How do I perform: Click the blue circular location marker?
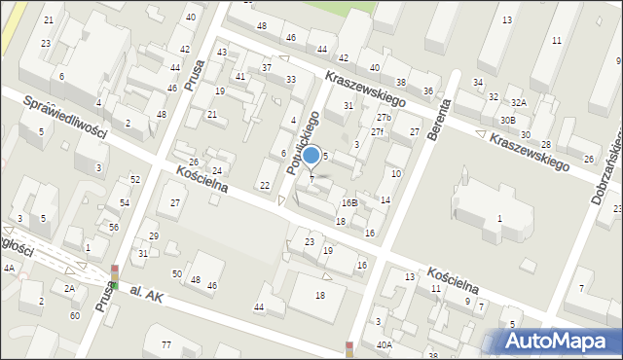[311, 155]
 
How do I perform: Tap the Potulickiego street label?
[304, 142]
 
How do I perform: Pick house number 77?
[166, 345]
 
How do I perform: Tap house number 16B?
[348, 202]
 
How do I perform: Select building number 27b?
[383, 118]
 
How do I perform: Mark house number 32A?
[519, 102]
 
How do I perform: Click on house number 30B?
[508, 120]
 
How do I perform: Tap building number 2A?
[69, 288]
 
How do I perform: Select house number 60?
[75, 315]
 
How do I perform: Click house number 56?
[114, 227]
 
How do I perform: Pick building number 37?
[267, 67]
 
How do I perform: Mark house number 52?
[135, 179]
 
